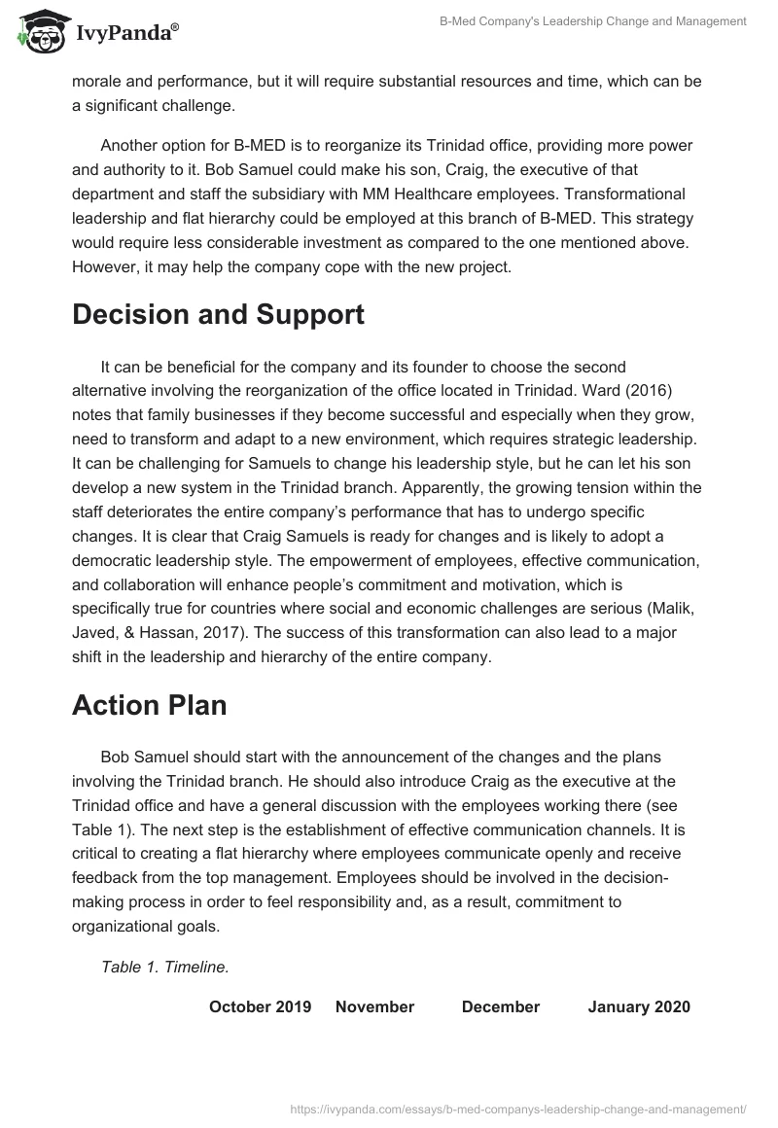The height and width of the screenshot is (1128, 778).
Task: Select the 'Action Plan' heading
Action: point(149,705)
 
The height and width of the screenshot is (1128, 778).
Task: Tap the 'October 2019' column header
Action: point(260,1006)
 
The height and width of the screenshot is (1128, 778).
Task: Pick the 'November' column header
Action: point(374,1006)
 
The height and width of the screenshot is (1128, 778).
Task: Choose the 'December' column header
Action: point(500,1006)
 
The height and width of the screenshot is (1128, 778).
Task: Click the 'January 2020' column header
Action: point(639,1006)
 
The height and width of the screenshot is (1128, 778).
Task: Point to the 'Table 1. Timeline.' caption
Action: point(164,967)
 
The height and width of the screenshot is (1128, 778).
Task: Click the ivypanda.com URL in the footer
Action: point(519,1108)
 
